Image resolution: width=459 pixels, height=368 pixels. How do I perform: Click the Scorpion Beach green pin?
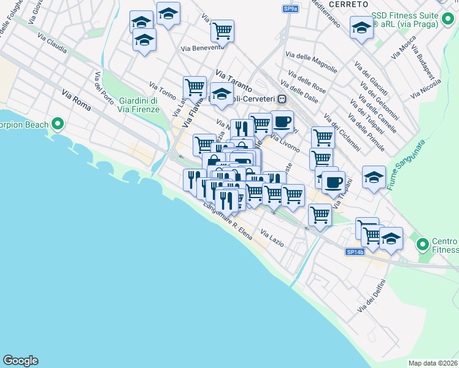tap(58, 125)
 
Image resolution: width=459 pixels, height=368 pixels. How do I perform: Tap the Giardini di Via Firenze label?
tap(139, 105)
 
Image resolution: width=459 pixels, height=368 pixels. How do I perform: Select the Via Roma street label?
tap(77, 100)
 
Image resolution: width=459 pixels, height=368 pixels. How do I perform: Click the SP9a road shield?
tap(291, 9)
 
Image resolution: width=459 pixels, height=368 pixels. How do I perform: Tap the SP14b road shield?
tap(355, 251)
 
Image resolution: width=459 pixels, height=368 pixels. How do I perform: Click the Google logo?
tap(20, 361)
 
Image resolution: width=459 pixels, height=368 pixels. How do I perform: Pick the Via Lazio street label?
tap(272, 238)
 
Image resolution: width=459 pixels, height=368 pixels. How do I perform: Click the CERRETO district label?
tap(348, 4)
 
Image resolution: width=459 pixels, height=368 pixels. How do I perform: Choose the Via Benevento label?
tap(201, 48)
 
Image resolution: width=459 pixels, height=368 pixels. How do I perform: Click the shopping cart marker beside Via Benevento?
tap(222, 30)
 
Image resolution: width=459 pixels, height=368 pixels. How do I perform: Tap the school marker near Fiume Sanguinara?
tap(374, 177)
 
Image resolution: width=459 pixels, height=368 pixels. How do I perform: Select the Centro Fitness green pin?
tap(422, 245)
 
